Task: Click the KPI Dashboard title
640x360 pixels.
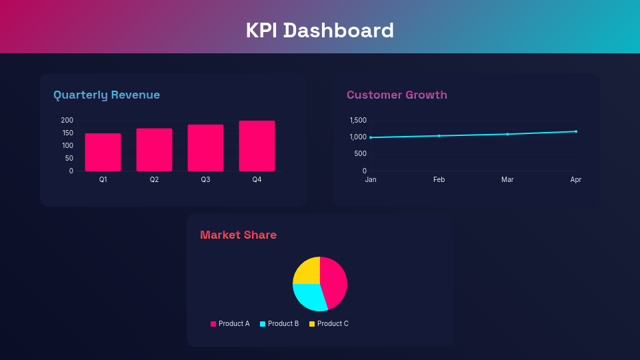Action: point(320,31)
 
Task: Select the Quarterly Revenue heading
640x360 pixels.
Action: point(107,95)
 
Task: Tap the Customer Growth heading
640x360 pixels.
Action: point(397,95)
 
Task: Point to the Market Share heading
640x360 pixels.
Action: point(238,235)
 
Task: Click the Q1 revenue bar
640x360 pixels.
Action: point(103,153)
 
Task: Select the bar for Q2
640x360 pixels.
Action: point(154,150)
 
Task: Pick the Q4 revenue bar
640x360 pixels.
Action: point(257,146)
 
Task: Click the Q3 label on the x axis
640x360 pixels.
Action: point(205,180)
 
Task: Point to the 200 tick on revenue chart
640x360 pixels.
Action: point(67,120)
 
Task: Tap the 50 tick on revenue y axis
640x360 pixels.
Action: point(69,158)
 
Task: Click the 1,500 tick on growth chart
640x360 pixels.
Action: point(358,120)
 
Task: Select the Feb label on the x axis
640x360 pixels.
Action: point(439,180)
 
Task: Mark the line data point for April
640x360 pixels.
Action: point(576,131)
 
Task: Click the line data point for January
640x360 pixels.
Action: point(371,137)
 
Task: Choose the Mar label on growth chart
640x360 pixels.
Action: point(507,180)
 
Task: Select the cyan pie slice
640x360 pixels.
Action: point(309,296)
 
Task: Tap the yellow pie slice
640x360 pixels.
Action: point(307,271)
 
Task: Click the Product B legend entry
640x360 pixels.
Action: point(279,324)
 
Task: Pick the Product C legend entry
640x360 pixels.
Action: point(329,324)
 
